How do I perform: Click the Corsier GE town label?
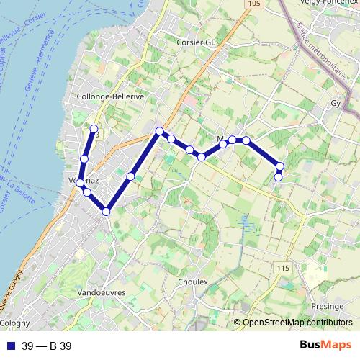pos(196,42)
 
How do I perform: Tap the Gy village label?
pos(336,103)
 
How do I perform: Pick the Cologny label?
pos(16,323)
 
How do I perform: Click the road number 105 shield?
pos(251,4)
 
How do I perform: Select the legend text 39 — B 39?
pos(47,346)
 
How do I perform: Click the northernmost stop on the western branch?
pos(94,128)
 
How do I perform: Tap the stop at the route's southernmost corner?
pos(106,211)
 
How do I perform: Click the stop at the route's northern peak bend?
pos(160,130)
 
